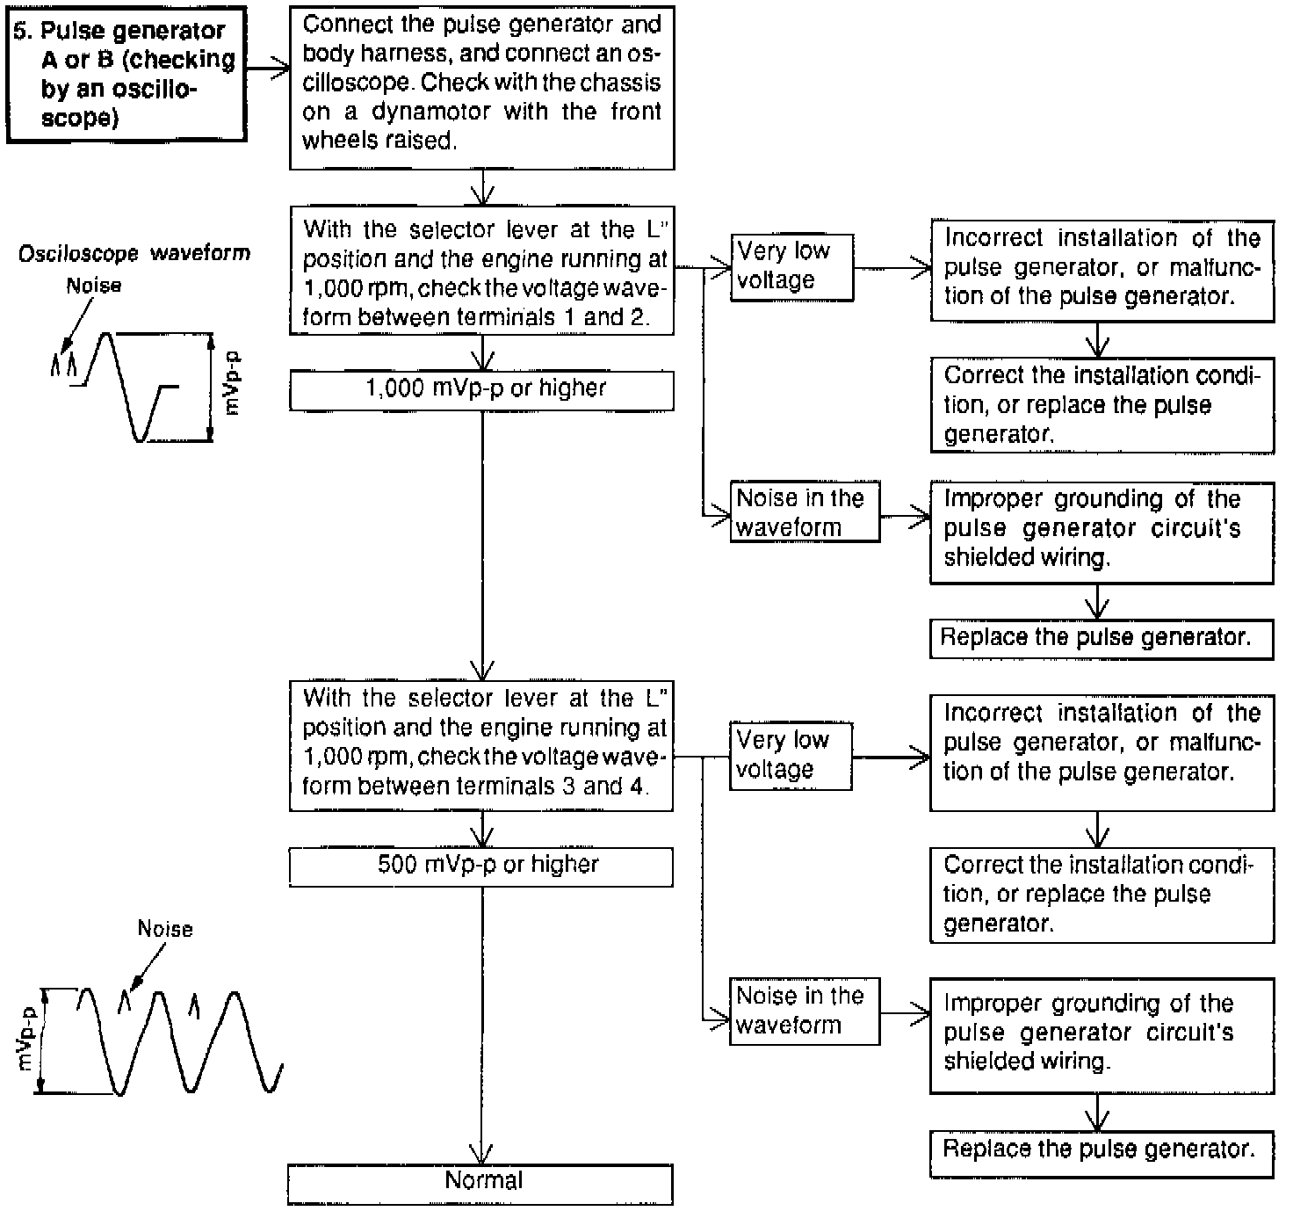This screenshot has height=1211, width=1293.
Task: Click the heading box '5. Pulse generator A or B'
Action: (126, 74)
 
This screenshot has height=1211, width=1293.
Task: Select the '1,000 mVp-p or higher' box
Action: (481, 390)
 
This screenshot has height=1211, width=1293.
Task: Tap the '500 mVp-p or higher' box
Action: (481, 867)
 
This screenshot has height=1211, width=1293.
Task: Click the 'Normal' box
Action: (480, 1182)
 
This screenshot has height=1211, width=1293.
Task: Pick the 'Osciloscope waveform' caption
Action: (134, 254)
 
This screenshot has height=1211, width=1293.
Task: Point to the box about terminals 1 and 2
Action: (481, 273)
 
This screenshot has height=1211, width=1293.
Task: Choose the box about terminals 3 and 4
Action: (481, 743)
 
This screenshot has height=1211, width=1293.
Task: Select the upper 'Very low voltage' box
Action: (791, 266)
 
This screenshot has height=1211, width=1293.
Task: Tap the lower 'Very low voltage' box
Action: (790, 756)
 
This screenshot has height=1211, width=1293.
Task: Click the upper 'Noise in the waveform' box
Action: (804, 512)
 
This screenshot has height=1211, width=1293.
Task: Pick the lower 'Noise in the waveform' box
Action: (803, 1011)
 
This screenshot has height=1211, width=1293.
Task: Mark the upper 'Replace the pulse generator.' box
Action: (1102, 638)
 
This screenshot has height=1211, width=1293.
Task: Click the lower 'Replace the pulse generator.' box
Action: (1102, 1150)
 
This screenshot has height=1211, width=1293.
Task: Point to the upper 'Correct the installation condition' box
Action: (1102, 405)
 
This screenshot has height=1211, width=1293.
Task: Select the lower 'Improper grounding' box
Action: (1102, 1033)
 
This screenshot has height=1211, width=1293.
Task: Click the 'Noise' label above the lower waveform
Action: (165, 929)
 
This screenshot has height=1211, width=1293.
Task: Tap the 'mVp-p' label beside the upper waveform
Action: (232, 383)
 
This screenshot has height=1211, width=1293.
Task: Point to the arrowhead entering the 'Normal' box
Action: (481, 1153)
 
